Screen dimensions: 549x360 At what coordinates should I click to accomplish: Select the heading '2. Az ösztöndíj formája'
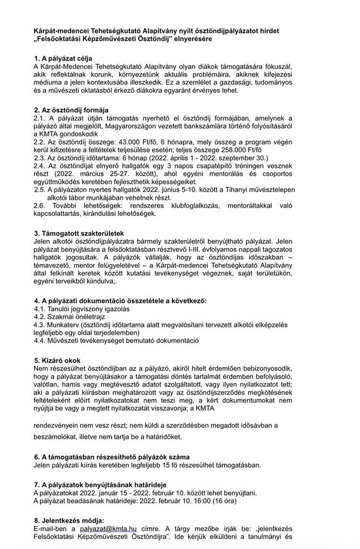[x=71, y=110]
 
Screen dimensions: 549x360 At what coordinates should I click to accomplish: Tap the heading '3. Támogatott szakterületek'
[x=78, y=233]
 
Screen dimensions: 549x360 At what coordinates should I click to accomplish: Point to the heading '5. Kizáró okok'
[x=57, y=360]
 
